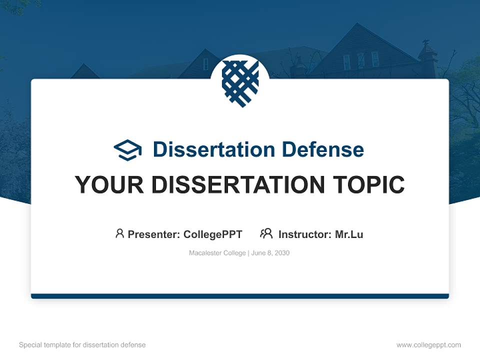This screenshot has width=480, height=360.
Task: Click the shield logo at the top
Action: [240, 83]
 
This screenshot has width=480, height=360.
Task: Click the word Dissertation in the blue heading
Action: [213, 149]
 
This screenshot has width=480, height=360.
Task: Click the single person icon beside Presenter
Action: [119, 233]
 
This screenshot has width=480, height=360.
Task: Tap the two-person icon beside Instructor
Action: [266, 233]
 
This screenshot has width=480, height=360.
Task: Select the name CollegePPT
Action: [212, 234]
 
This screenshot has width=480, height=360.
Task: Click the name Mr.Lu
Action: [349, 234]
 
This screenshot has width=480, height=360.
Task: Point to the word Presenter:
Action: [154, 234]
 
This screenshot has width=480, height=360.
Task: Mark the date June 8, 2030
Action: [270, 253]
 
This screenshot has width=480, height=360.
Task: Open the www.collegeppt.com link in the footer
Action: [428, 345]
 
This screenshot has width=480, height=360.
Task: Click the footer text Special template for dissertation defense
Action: [82, 345]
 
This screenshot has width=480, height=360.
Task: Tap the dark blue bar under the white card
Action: [240, 296]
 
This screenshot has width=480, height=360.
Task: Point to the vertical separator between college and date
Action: [248, 253]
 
